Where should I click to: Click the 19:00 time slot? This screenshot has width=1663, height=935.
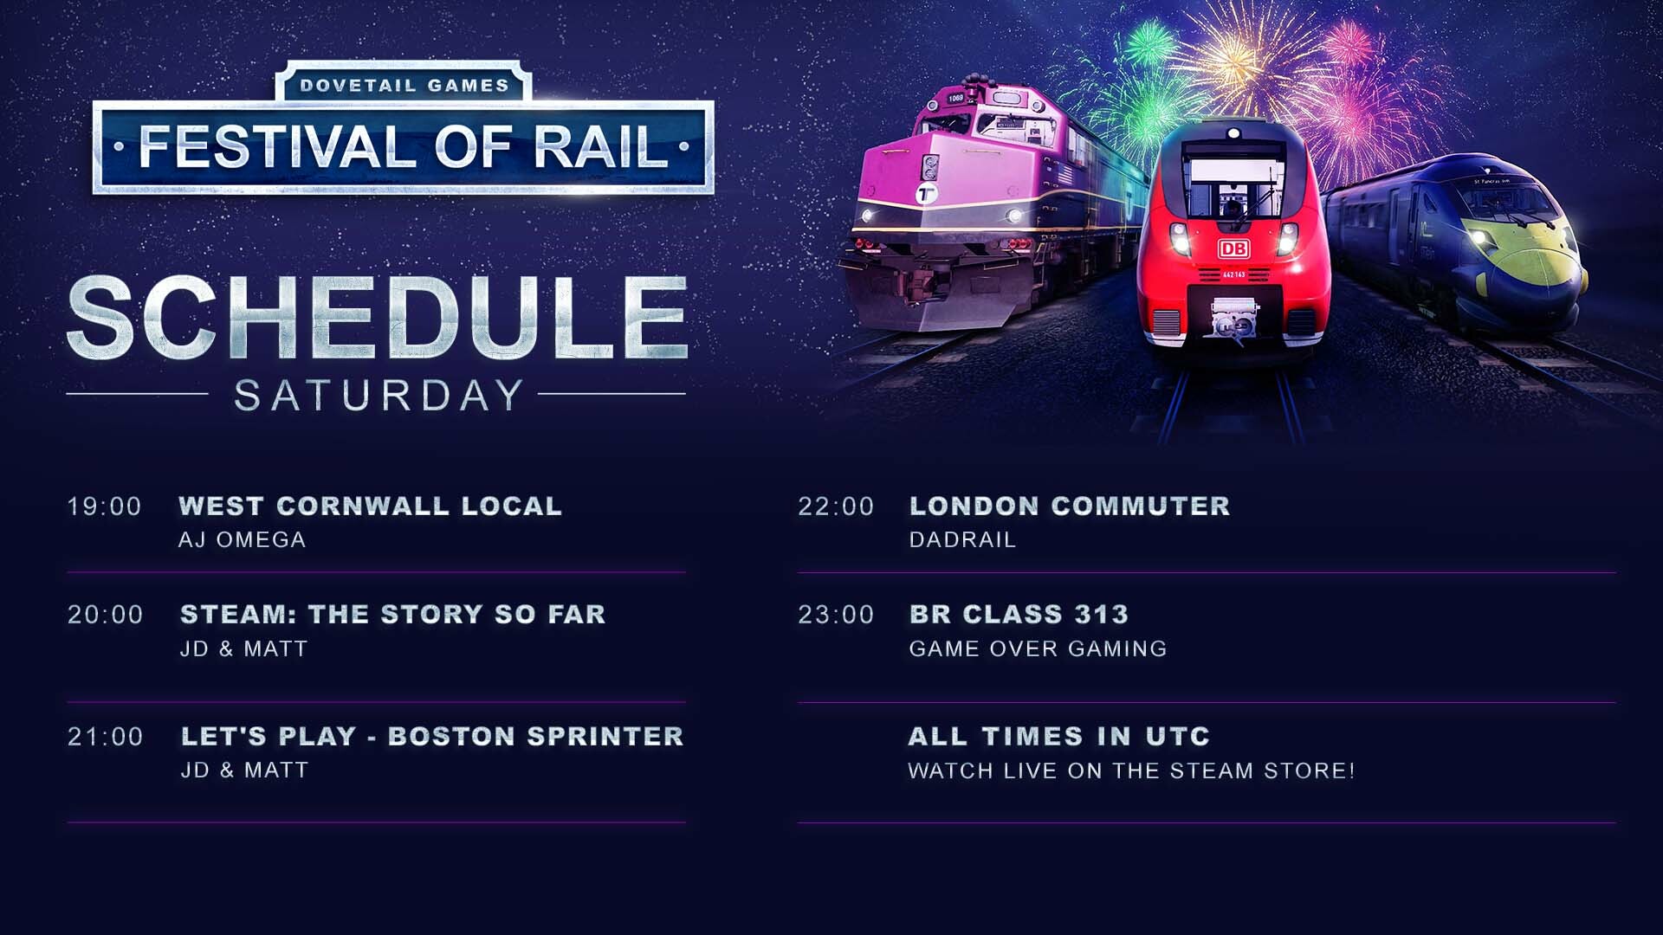[105, 506]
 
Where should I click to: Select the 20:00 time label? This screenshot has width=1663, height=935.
[106, 615]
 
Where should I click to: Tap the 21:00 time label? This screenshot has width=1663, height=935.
[106, 737]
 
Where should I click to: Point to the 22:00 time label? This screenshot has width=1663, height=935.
[836, 506]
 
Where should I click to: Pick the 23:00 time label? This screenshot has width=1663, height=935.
[836, 615]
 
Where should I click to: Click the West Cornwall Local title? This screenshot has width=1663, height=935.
[371, 506]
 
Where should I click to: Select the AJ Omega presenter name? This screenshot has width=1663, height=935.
[243, 540]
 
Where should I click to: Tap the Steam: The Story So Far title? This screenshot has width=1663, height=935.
[393, 615]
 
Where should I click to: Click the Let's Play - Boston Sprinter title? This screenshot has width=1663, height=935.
[432, 737]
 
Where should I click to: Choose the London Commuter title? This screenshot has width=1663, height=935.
[1070, 506]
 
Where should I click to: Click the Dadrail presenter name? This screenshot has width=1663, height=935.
[962, 540]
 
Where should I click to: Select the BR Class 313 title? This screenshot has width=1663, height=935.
[1019, 615]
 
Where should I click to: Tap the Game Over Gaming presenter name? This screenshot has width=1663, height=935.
[1039, 649]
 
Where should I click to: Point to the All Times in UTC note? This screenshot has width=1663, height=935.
[1059, 737]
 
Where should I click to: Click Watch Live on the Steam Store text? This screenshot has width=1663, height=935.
[1132, 771]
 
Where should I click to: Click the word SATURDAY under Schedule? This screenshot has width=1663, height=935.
[379, 396]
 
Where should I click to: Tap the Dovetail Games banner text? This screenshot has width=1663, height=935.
[404, 86]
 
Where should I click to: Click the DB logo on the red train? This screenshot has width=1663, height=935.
[1233, 249]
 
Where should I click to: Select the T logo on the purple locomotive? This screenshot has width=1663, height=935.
[928, 193]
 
